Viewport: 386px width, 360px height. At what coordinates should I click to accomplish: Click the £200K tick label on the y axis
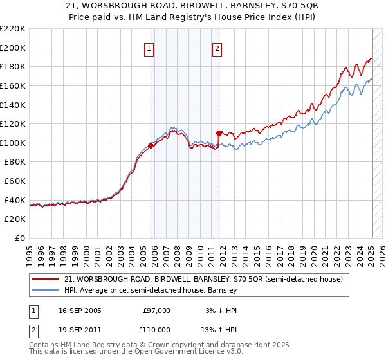point(13,48)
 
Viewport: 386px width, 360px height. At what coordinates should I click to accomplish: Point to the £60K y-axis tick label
point(15,181)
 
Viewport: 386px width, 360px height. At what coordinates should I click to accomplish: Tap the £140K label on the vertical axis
point(13,105)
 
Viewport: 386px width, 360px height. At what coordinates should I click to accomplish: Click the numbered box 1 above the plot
point(149,48)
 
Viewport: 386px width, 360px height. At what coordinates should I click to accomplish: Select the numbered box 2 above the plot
point(217,48)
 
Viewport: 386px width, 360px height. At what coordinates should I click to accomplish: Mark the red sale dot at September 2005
point(151,145)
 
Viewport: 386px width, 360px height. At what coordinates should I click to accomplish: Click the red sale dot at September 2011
point(219,133)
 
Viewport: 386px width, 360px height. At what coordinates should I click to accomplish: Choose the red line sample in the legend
point(46,280)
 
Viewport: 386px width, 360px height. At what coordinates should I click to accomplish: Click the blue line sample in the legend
point(46,290)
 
